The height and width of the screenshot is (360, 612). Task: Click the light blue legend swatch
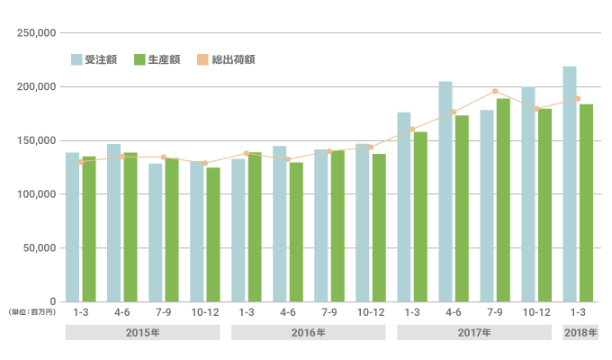[77, 59]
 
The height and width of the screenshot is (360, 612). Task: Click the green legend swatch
[139, 59]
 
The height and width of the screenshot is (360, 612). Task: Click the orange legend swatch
[202, 59]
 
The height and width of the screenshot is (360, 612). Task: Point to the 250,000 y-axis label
[38, 33]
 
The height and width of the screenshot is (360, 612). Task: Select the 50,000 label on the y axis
[40, 247]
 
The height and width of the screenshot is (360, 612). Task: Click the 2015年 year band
[142, 332]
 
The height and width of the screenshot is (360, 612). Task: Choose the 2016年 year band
[308, 332]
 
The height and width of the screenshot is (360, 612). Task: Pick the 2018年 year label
[579, 332]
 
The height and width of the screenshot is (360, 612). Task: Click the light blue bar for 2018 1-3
[570, 184]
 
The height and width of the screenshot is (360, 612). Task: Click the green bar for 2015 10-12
[213, 234]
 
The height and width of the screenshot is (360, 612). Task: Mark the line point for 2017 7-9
[495, 91]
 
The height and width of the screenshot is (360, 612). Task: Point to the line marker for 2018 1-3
[578, 99]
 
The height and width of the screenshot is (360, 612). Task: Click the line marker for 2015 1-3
[81, 161]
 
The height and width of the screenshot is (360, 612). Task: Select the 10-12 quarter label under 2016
[371, 311]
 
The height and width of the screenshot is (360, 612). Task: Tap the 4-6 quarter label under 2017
[454, 311]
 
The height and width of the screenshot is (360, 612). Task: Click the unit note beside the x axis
[32, 311]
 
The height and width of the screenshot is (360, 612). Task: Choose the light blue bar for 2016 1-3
[238, 229]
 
